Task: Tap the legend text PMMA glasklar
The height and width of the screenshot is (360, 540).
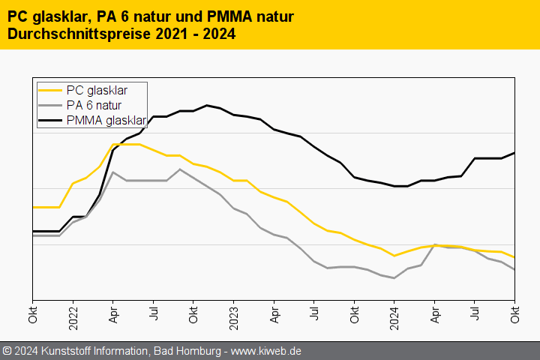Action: (x=106, y=119)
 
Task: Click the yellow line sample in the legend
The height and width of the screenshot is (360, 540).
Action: (x=49, y=91)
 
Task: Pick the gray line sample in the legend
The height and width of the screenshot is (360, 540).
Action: (x=49, y=105)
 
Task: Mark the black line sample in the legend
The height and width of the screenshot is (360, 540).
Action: (x=49, y=119)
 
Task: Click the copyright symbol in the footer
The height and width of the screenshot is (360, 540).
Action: (x=7, y=351)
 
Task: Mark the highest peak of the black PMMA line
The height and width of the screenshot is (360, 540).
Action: (x=207, y=105)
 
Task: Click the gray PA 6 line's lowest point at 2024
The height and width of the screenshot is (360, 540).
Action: (x=394, y=278)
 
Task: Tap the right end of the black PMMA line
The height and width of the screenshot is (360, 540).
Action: (x=514, y=153)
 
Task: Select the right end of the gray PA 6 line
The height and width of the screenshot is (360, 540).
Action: (x=514, y=270)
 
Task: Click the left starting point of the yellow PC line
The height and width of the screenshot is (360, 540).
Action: (x=33, y=207)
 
